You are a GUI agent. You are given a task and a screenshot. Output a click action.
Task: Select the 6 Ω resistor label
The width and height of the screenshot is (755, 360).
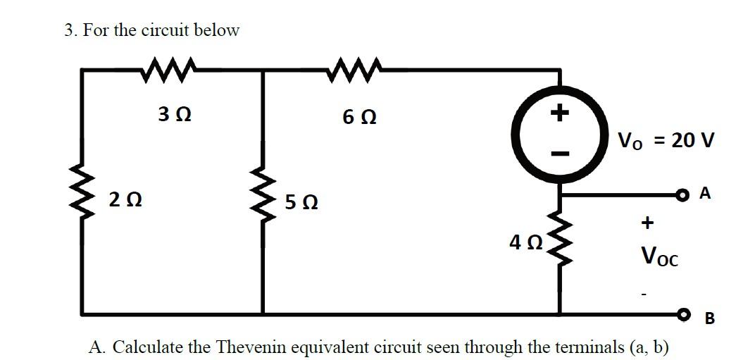358,117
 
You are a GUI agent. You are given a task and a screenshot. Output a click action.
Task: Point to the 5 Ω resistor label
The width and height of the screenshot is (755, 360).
301,204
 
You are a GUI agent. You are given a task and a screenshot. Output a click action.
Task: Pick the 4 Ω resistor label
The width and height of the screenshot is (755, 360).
525,243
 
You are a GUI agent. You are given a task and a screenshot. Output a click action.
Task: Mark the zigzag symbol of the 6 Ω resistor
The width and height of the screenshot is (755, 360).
356,69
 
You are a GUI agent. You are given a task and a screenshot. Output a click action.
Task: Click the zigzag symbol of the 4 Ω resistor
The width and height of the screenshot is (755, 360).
560,240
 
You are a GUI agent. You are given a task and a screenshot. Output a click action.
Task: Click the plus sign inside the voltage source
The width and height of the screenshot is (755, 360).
559,113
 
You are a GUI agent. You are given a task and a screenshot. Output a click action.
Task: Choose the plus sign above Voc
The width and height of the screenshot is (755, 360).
647,223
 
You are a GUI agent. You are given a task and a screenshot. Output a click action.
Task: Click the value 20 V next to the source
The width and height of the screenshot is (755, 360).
693,140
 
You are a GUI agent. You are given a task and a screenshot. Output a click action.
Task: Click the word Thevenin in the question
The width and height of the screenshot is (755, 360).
259,347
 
